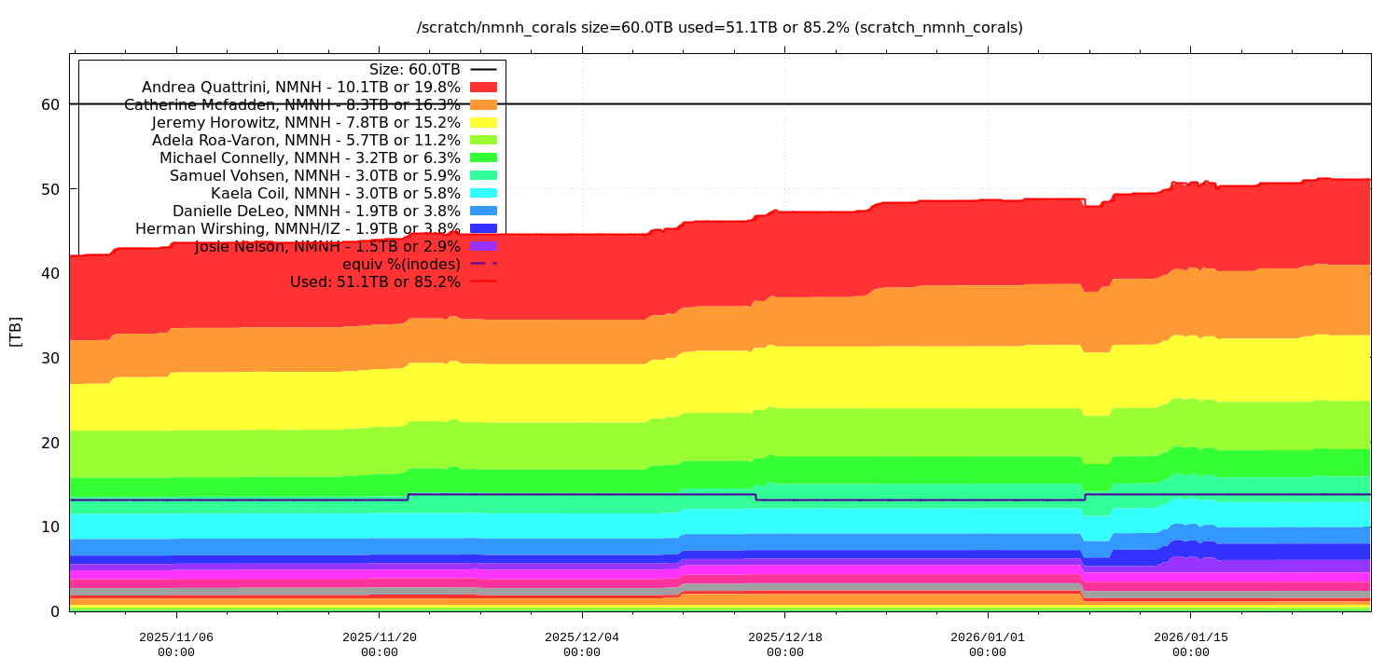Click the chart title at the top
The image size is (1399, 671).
(x=719, y=28)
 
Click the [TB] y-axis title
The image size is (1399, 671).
(x=16, y=332)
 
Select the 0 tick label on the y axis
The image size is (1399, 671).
(x=55, y=611)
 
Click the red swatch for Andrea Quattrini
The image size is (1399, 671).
(x=483, y=88)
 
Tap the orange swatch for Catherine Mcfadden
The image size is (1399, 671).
(x=483, y=105)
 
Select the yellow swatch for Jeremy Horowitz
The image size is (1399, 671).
(x=483, y=123)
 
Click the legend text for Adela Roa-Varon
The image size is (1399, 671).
(x=306, y=141)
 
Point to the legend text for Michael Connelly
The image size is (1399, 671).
(x=310, y=158)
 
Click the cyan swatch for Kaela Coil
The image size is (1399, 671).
(x=483, y=193)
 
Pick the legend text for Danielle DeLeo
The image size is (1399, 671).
(x=316, y=211)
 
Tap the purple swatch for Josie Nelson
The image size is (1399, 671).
(x=483, y=246)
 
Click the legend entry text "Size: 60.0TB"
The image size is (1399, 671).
(x=415, y=70)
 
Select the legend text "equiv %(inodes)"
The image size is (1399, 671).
(x=401, y=264)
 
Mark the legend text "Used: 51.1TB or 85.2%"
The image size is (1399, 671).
(x=375, y=281)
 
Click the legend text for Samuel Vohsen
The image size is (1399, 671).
(x=314, y=176)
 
